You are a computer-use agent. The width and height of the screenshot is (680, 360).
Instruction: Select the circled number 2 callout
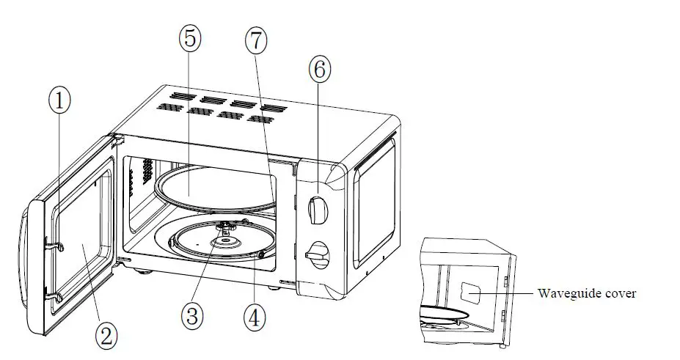(106, 335)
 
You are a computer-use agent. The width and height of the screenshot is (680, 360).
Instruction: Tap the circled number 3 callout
(191, 316)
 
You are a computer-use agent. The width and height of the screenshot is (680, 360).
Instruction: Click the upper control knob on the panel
(318, 210)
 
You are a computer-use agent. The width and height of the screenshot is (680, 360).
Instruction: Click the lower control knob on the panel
(318, 254)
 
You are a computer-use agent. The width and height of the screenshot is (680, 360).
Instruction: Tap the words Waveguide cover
(587, 294)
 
